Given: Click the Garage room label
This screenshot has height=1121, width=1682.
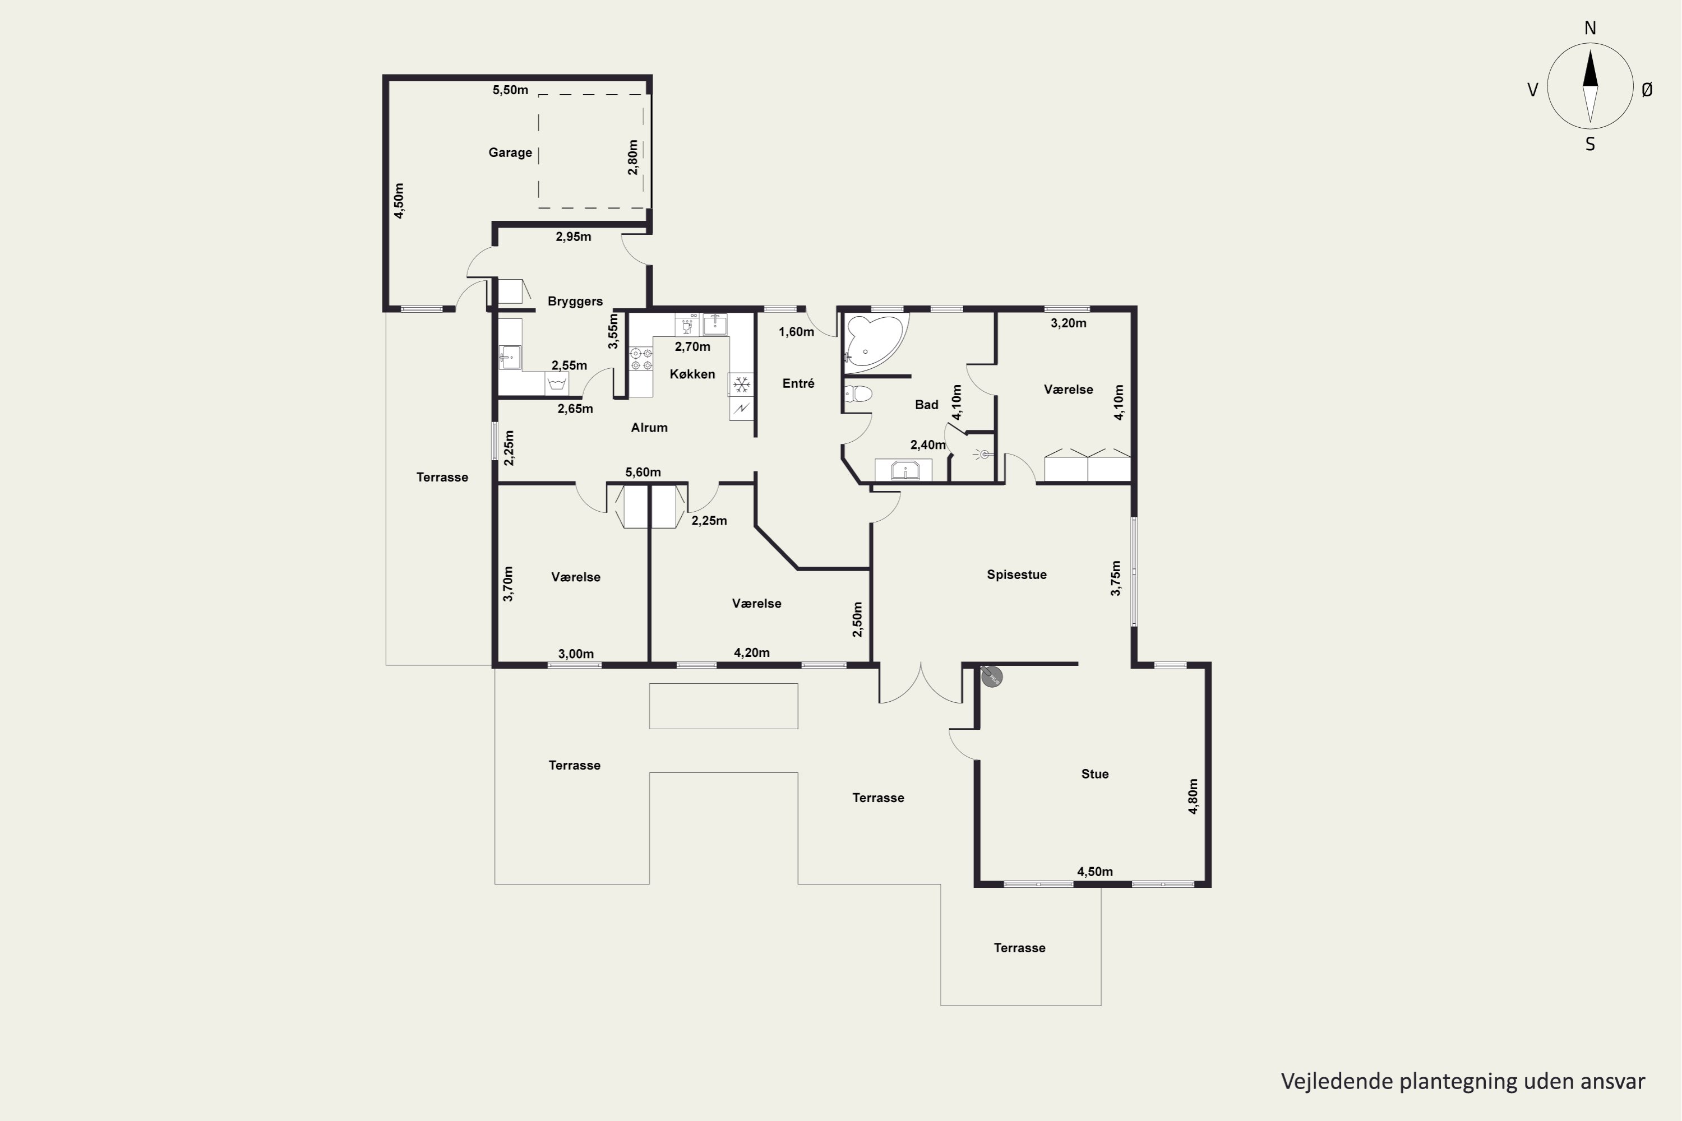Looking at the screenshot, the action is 510,152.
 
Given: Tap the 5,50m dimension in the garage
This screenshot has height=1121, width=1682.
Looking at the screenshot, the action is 510,90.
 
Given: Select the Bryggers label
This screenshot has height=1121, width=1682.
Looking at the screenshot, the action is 575,302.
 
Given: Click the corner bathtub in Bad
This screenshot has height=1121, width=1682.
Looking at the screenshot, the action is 875,340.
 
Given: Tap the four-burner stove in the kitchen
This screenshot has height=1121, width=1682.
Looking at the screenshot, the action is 641,359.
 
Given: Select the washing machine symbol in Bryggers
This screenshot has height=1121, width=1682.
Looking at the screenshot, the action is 556,384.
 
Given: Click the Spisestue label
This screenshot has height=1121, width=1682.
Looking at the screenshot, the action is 1016,575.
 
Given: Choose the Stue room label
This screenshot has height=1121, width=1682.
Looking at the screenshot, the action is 1095,774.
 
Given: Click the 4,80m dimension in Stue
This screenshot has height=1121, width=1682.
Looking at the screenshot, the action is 1193,796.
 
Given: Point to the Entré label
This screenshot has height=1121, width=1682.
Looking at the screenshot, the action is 798,384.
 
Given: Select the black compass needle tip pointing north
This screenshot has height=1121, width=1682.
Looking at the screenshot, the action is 1589,50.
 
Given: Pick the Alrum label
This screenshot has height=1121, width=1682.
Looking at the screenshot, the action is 649,428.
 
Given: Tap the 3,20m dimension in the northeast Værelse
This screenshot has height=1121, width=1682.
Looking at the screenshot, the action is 1069,323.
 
